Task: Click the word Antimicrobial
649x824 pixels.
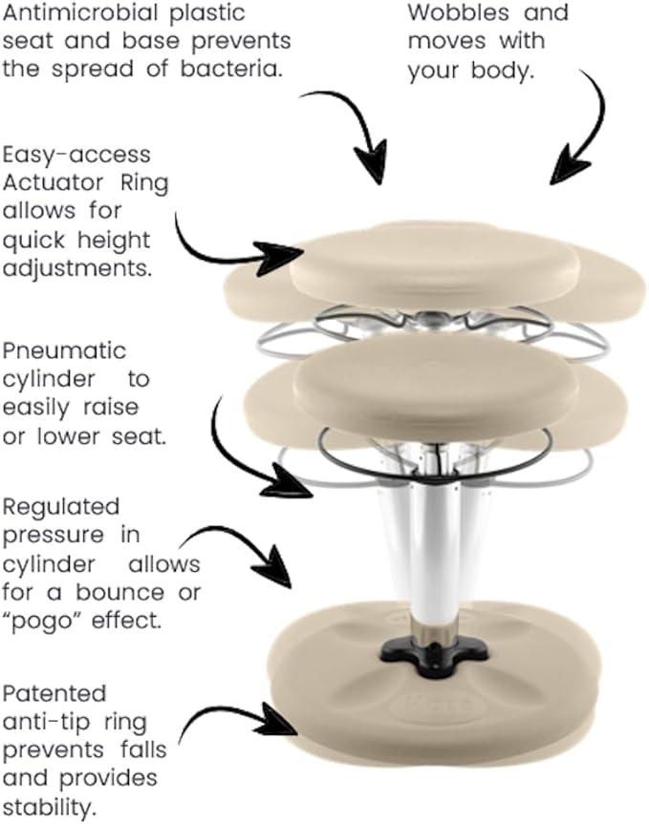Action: pos(80,13)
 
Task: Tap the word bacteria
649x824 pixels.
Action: pos(229,70)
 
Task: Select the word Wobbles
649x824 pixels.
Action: pos(459,12)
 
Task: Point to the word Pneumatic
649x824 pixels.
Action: pos(64,351)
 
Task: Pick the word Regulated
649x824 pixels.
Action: pos(61,507)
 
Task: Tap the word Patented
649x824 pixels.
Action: pos(54,694)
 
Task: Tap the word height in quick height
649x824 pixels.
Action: pos(114,242)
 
